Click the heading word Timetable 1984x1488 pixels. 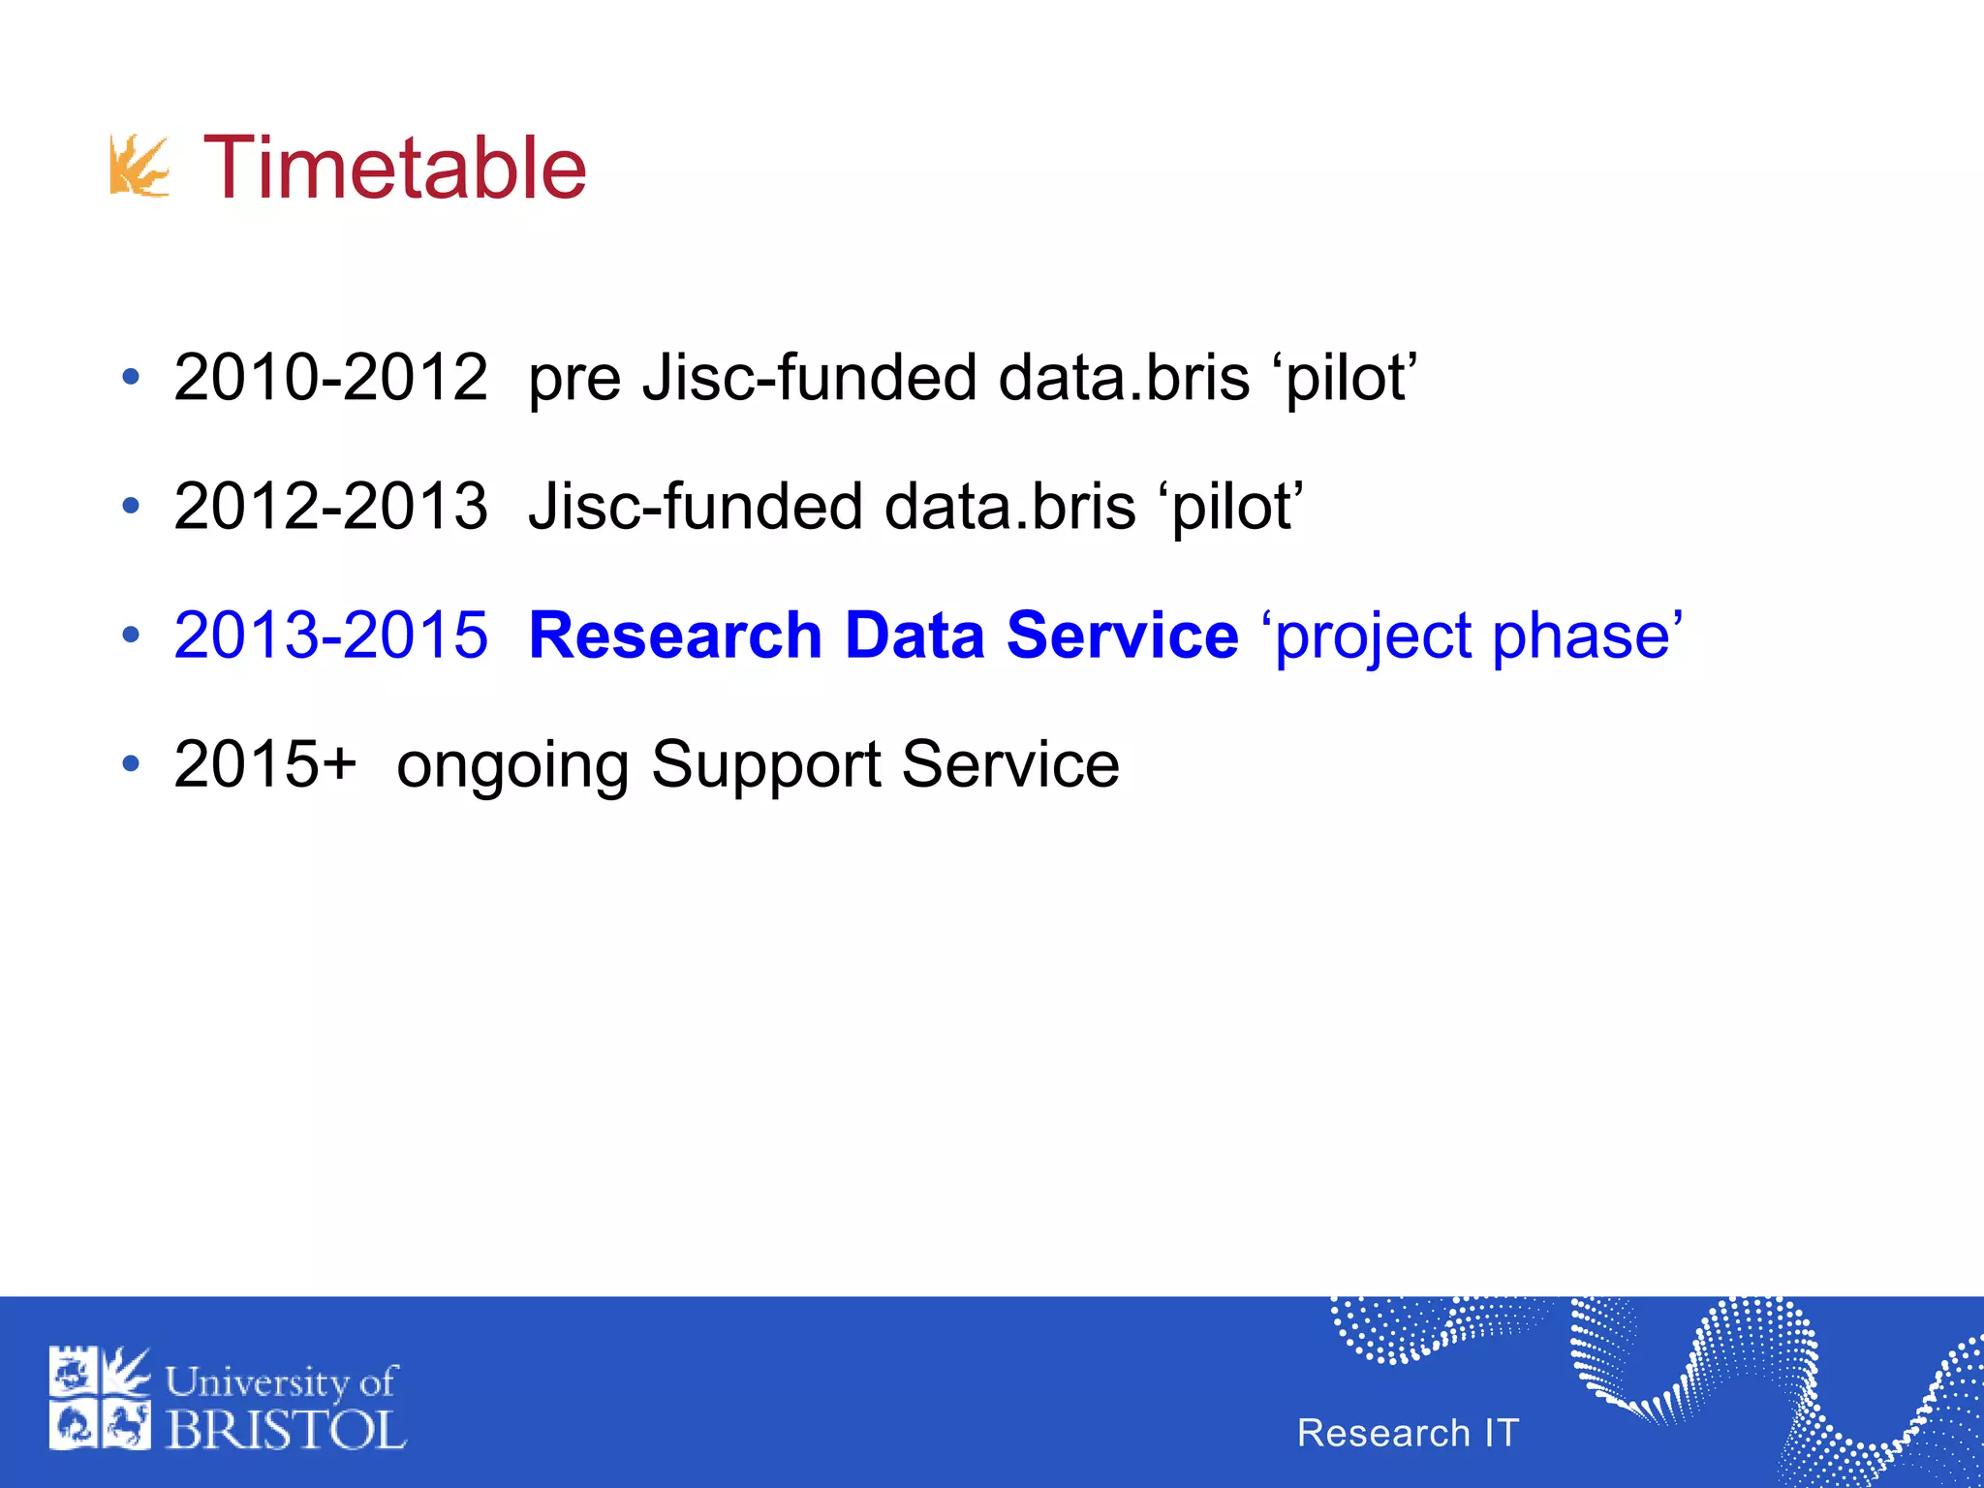394,169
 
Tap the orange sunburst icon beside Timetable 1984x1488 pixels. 139,166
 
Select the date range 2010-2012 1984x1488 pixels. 330,377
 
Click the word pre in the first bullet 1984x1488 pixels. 573,380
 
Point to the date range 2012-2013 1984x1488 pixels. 330,506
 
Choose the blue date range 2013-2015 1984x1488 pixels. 330,635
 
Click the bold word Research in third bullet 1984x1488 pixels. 675,635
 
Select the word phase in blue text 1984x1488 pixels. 1580,637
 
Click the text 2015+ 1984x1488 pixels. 265,764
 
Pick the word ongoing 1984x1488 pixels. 512,767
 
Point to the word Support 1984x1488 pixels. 765,765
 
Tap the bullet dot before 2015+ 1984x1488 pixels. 131,764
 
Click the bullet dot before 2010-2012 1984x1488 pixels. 131,377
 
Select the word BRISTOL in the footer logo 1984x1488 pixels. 286,1430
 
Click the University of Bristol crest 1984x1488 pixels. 100,1398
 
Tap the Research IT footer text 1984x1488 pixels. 1408,1433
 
